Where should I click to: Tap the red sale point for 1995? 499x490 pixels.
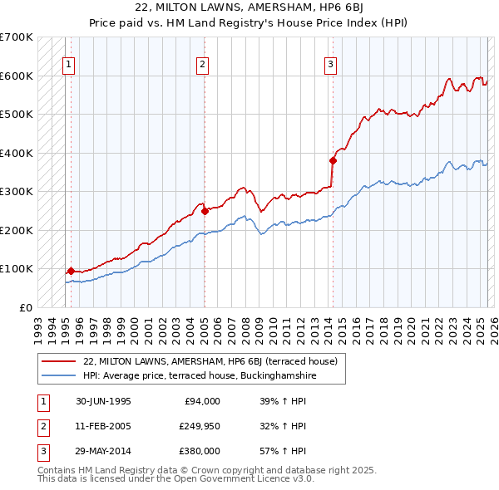[x=72, y=271]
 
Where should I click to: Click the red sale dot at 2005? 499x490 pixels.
[x=205, y=211]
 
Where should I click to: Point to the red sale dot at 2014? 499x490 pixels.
[x=333, y=160]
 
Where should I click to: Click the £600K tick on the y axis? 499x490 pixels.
[x=17, y=76]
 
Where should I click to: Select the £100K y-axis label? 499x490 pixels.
[x=17, y=269]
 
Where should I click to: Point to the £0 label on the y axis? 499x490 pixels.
[x=26, y=307]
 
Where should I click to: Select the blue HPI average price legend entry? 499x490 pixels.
[x=200, y=376]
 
